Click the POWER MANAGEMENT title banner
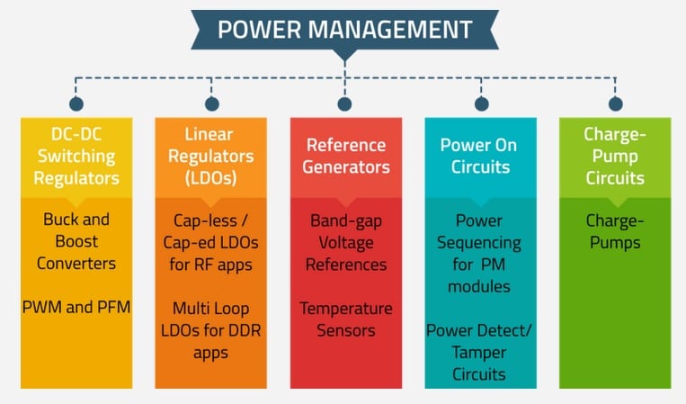[x=344, y=30]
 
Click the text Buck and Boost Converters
[x=76, y=241]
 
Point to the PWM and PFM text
[x=76, y=308]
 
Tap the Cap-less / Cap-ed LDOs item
[x=211, y=241]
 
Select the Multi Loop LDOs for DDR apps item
[x=211, y=329]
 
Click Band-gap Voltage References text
[x=346, y=242]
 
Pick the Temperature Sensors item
[x=346, y=319]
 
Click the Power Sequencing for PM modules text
[x=481, y=253]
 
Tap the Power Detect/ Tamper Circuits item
[x=481, y=352]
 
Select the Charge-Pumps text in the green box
[x=615, y=230]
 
